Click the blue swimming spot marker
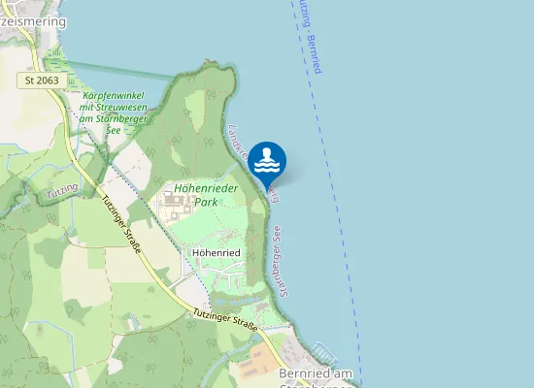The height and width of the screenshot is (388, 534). click(267, 161)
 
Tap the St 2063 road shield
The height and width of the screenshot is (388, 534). click(43, 80)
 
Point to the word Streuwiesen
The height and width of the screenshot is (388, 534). click(130, 108)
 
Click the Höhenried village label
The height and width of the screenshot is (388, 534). click(217, 252)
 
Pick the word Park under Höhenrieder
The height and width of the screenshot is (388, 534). click(206, 203)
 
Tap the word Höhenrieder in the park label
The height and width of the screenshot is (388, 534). click(206, 189)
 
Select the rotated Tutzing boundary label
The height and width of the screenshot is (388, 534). click(61, 195)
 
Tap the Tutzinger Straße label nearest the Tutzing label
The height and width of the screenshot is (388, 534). click(122, 225)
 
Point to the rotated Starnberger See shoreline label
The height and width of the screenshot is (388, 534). click(275, 250)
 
